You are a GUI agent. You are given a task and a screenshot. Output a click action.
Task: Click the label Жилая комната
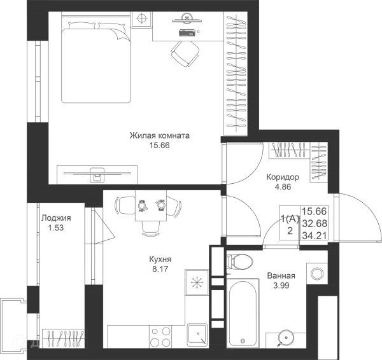pos(159,135)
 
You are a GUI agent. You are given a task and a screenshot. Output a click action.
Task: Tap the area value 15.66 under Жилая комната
pos(159,146)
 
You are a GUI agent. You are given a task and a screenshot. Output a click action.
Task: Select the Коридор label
pos(283,177)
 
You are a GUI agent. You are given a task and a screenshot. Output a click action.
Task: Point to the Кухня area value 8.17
pos(160,269)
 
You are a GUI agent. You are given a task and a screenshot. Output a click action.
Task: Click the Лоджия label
pos(56,218)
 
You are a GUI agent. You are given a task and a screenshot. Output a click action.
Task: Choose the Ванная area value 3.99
pos(281,286)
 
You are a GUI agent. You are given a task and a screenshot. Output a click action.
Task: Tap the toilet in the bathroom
pos(239,262)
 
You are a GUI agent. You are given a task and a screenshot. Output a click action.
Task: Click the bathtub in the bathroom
pos(243,313)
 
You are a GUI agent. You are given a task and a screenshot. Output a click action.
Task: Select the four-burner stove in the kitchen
pos(160,336)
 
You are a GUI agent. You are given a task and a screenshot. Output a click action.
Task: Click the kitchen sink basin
pos(197,335)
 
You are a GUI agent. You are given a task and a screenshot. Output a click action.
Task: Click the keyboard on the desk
pos(187,32)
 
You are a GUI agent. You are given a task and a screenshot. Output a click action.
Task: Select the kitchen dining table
pos(151,205)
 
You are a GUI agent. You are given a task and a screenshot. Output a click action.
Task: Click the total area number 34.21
pos(315,235)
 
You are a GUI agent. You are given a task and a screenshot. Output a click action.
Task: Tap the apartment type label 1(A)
pos(290,219)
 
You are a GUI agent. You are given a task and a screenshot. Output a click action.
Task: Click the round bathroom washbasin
pos(286,338)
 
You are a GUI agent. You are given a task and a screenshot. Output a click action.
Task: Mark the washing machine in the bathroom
pos(317,273)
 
